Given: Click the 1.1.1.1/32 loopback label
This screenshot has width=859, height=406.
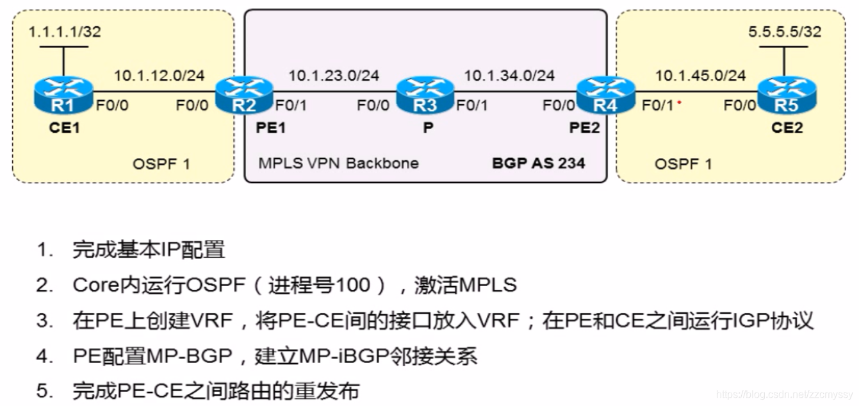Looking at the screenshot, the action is tap(65, 32).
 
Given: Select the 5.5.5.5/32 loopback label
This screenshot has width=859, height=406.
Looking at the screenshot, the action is tap(785, 32).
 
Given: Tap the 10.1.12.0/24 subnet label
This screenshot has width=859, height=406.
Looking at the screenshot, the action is tap(159, 76).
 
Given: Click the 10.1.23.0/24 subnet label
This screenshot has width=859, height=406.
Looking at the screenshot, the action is tap(333, 76).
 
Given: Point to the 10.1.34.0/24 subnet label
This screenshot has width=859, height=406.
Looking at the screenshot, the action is tap(509, 76).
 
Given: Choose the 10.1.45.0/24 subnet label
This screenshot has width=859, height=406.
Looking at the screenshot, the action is tap(700, 76).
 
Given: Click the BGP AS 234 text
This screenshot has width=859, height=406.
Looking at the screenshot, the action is tap(539, 163).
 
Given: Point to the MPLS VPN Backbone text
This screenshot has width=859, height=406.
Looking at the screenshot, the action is tap(338, 163).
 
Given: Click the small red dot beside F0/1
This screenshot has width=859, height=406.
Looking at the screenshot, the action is tap(678, 102).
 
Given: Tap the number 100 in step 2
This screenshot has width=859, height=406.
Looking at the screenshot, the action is tap(353, 285).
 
